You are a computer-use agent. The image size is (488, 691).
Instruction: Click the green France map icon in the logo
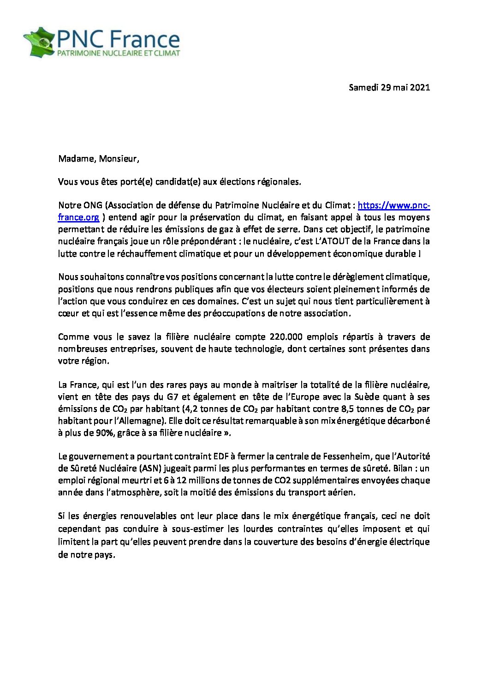[39, 42]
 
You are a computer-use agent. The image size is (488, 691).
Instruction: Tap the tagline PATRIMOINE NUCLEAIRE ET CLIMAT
[118, 53]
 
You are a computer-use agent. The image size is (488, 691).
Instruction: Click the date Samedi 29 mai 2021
[389, 87]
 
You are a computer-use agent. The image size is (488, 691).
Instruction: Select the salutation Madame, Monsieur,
[98, 159]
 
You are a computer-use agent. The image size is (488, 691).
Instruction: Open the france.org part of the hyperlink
[78, 217]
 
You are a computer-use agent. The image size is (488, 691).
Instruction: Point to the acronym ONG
[93, 205]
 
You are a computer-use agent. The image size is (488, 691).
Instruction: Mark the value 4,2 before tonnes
[191, 409]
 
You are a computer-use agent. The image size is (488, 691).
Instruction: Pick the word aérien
[340, 493]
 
